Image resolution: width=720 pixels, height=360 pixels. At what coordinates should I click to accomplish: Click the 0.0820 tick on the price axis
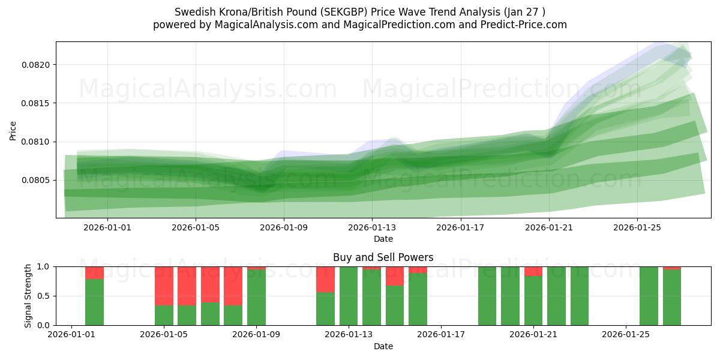(x=37, y=65)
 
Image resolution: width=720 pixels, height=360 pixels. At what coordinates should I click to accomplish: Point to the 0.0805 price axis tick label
(x=37, y=180)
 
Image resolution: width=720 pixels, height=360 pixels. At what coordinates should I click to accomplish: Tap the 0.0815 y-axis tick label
(x=37, y=103)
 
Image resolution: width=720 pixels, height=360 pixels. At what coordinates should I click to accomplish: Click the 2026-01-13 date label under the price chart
(x=372, y=227)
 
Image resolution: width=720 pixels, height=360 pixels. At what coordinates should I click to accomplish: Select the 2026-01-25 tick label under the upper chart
(x=637, y=227)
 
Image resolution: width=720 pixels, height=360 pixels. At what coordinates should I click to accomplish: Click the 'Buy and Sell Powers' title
(x=383, y=257)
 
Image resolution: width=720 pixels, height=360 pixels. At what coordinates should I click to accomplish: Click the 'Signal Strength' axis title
(x=28, y=296)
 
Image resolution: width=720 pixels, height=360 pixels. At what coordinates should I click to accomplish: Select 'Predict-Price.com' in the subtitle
(x=526, y=25)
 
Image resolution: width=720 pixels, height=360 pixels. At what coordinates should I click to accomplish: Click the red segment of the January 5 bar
(x=164, y=286)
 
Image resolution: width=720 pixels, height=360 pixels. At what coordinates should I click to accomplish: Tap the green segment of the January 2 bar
(x=94, y=302)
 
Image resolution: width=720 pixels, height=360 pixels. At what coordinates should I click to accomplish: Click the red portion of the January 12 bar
(x=325, y=279)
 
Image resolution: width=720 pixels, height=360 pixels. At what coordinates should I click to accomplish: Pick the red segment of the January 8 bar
(x=233, y=286)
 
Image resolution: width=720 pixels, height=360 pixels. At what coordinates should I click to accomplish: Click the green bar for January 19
(x=487, y=296)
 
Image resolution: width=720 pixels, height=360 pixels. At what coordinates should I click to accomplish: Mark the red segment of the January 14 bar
(x=395, y=275)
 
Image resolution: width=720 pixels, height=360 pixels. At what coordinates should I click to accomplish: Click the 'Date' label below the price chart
(x=383, y=239)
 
